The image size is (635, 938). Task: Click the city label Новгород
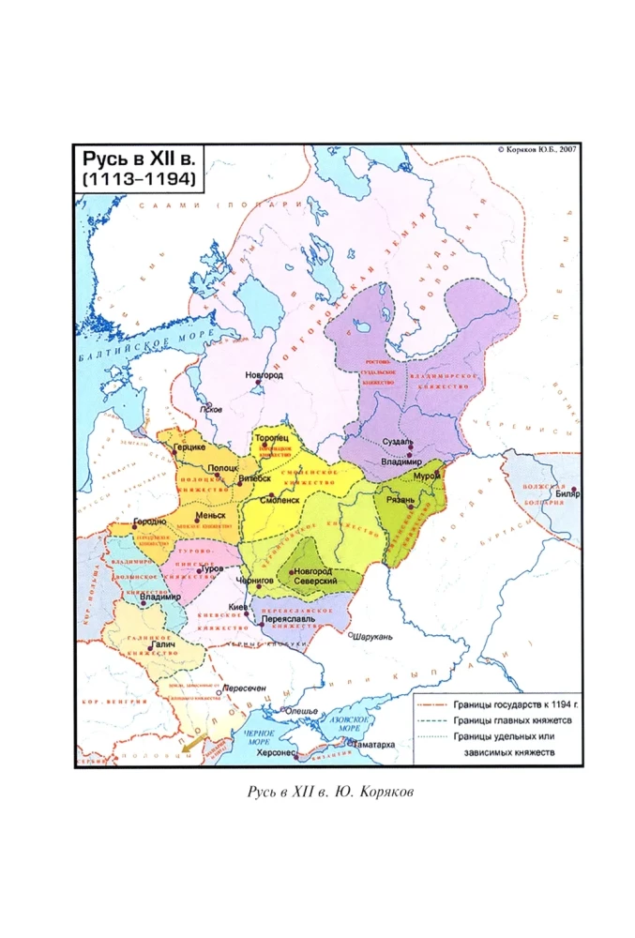click(x=264, y=375)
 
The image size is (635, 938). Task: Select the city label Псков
click(x=212, y=410)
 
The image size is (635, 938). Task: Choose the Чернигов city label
click(x=258, y=581)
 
